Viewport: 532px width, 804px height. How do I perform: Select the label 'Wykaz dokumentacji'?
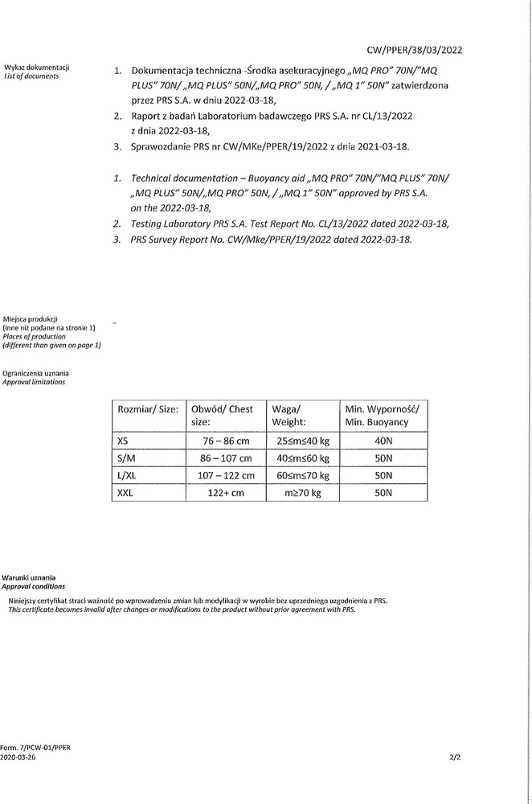coord(37,68)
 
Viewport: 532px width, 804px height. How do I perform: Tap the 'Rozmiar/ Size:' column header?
coord(148,408)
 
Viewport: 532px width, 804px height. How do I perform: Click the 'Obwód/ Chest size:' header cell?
coord(223,415)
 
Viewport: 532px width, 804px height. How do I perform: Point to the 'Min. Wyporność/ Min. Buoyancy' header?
coord(382,415)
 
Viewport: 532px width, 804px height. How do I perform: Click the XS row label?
coord(123,441)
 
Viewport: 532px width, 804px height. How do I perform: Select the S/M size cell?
coord(126,457)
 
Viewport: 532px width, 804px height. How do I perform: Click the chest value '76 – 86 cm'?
coord(225,441)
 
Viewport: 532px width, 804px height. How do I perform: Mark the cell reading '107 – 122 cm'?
coord(225,475)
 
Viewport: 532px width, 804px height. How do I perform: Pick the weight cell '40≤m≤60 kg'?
coord(302,457)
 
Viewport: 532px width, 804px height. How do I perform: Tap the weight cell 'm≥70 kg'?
coord(302,493)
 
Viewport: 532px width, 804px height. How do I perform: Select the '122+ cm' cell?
coord(225,493)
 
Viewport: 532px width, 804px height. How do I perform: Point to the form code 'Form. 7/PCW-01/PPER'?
coord(35,747)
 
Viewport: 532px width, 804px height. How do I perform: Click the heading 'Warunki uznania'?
coord(29,578)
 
